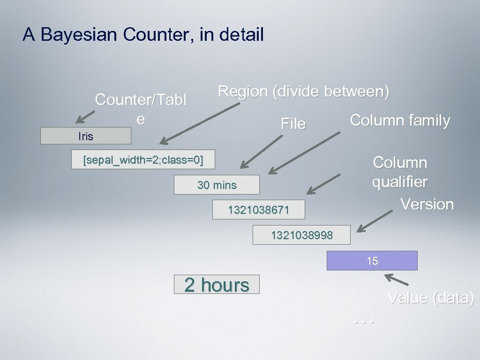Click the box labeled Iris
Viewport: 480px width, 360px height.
click(86, 136)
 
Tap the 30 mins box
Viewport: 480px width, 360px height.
click(217, 185)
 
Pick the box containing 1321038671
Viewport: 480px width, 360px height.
click(258, 210)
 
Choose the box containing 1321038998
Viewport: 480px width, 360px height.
click(301, 235)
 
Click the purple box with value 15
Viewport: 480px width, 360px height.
click(372, 261)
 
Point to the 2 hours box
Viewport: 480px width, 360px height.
click(217, 285)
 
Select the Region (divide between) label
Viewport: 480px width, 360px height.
click(303, 91)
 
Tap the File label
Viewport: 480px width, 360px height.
click(293, 124)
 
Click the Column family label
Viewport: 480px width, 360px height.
click(400, 120)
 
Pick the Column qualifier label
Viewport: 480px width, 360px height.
click(400, 172)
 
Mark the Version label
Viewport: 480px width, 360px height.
click(427, 204)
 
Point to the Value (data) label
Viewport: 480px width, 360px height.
click(430, 298)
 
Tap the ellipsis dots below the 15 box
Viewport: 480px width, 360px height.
click(364, 321)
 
